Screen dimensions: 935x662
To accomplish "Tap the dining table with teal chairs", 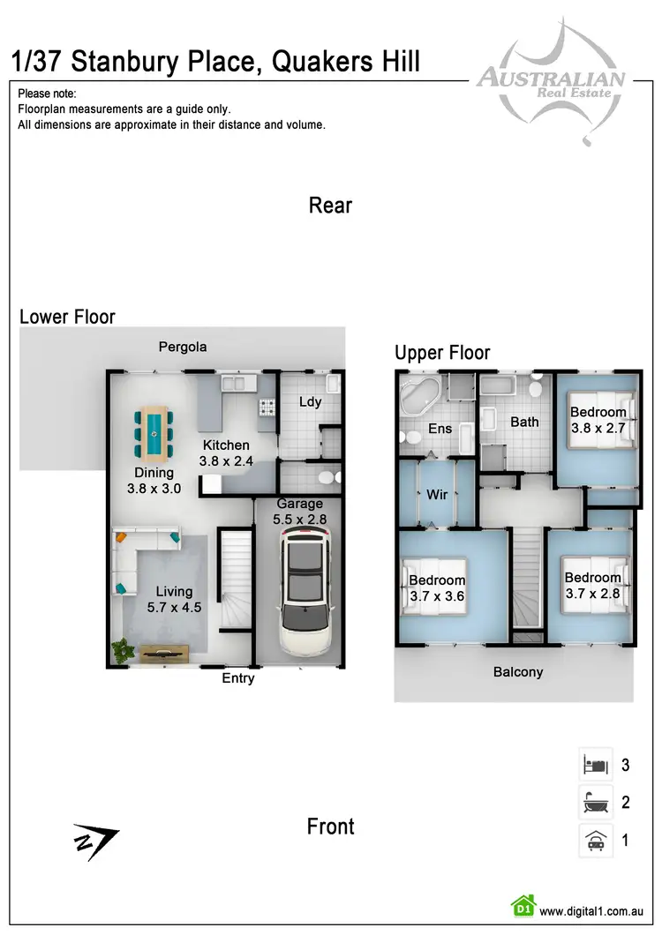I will point(154,432).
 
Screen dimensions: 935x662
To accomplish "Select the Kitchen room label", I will point(226,445).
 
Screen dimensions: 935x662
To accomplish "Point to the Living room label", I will point(174,591).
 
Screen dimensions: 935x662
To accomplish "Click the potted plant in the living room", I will point(122,651).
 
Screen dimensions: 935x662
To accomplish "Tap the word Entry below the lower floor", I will point(238,677).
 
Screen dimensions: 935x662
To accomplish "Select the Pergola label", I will point(183,347).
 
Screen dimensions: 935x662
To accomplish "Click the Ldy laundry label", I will point(310,401).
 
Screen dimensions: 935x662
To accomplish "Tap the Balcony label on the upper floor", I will point(518,671).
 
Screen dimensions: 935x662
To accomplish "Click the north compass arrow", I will point(94,842).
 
